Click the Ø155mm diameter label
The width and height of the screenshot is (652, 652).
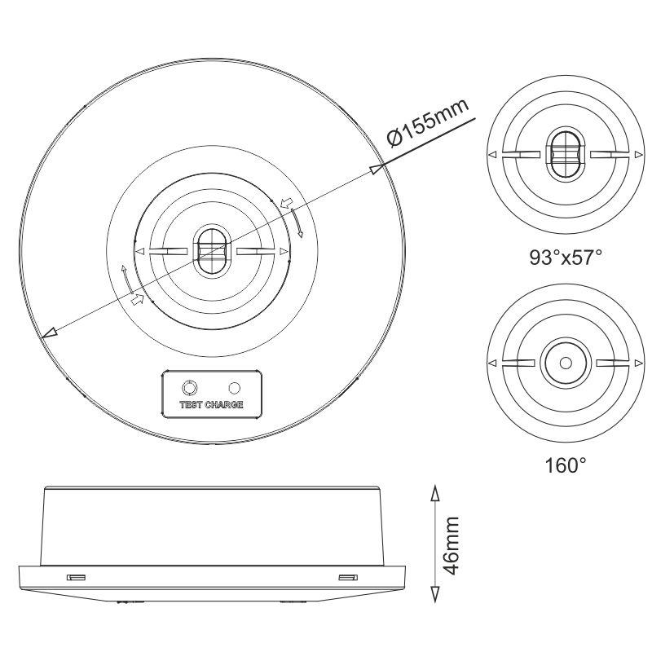[x=429, y=124]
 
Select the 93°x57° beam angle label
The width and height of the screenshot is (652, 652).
[x=566, y=258]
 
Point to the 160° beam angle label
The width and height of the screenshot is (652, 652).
[x=566, y=465]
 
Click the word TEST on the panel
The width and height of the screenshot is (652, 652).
[x=191, y=404]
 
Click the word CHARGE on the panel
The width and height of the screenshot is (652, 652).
[x=224, y=404]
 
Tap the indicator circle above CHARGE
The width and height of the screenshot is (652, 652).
[x=235, y=388]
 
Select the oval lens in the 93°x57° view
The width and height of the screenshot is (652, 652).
[x=566, y=154]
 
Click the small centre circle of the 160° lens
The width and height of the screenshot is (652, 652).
[x=566, y=363]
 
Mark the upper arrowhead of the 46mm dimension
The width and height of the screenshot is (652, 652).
[x=434, y=495]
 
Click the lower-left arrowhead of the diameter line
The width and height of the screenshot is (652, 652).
[x=50, y=332]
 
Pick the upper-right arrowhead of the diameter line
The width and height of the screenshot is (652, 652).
[x=376, y=169]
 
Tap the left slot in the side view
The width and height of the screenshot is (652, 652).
[x=77, y=577]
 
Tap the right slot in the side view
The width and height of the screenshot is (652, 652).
[x=348, y=577]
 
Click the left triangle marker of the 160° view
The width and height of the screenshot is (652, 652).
[x=493, y=363]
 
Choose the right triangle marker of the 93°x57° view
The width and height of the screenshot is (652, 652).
[x=638, y=155]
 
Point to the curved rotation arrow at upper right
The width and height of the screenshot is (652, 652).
[x=297, y=222]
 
